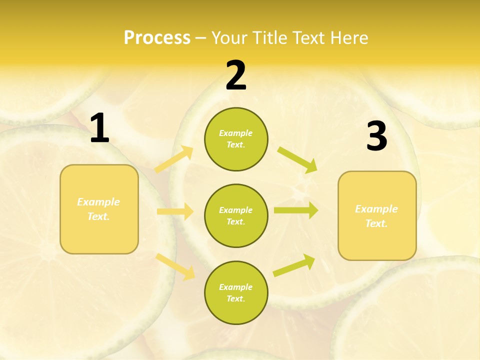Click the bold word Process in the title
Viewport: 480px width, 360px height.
(x=157, y=38)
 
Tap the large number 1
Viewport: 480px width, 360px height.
(x=99, y=129)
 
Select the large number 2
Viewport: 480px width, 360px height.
(x=236, y=76)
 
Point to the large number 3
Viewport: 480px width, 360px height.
(x=376, y=136)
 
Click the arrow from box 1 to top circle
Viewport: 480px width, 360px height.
(x=174, y=159)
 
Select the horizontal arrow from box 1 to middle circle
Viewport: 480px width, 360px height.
(x=175, y=211)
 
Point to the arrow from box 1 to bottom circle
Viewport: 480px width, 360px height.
(x=175, y=266)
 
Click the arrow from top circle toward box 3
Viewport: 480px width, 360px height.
(x=297, y=160)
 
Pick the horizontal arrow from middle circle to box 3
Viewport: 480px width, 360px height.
(x=295, y=210)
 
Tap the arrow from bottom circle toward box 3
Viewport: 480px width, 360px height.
(x=294, y=265)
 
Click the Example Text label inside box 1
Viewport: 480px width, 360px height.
(x=98, y=209)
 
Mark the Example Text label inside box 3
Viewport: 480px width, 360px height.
(x=376, y=216)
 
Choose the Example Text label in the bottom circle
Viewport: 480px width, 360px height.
(x=236, y=292)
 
